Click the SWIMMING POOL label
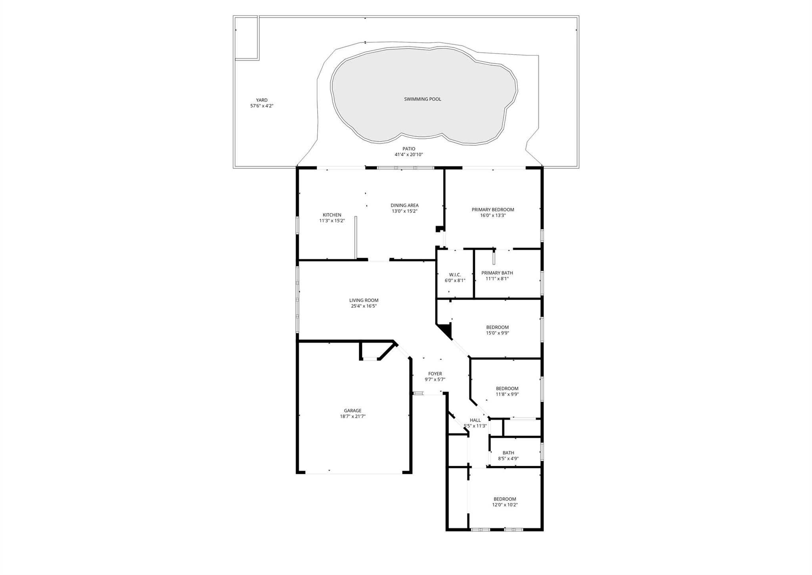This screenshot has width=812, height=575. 423,99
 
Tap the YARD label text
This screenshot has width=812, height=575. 262,100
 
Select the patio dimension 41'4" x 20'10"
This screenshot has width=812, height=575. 409,155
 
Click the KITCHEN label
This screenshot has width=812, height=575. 332,215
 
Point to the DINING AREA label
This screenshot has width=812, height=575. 404,205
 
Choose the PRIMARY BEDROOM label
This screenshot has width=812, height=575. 493,210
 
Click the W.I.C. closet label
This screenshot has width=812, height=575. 455,275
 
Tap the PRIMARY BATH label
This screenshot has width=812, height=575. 497,273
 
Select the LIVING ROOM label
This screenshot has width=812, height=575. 364,300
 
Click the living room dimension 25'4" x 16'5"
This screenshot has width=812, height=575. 364,306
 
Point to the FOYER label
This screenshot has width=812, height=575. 435,374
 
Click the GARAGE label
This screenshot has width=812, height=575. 352,411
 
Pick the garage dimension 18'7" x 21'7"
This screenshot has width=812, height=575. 352,416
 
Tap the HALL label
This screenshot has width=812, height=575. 475,420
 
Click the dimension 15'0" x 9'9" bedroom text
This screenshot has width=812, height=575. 498,333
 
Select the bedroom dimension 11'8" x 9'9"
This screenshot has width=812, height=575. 507,394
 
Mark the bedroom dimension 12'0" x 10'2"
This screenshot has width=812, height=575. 505,505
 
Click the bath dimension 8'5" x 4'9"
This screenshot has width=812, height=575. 508,458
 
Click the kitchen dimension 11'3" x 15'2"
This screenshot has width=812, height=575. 332,221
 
